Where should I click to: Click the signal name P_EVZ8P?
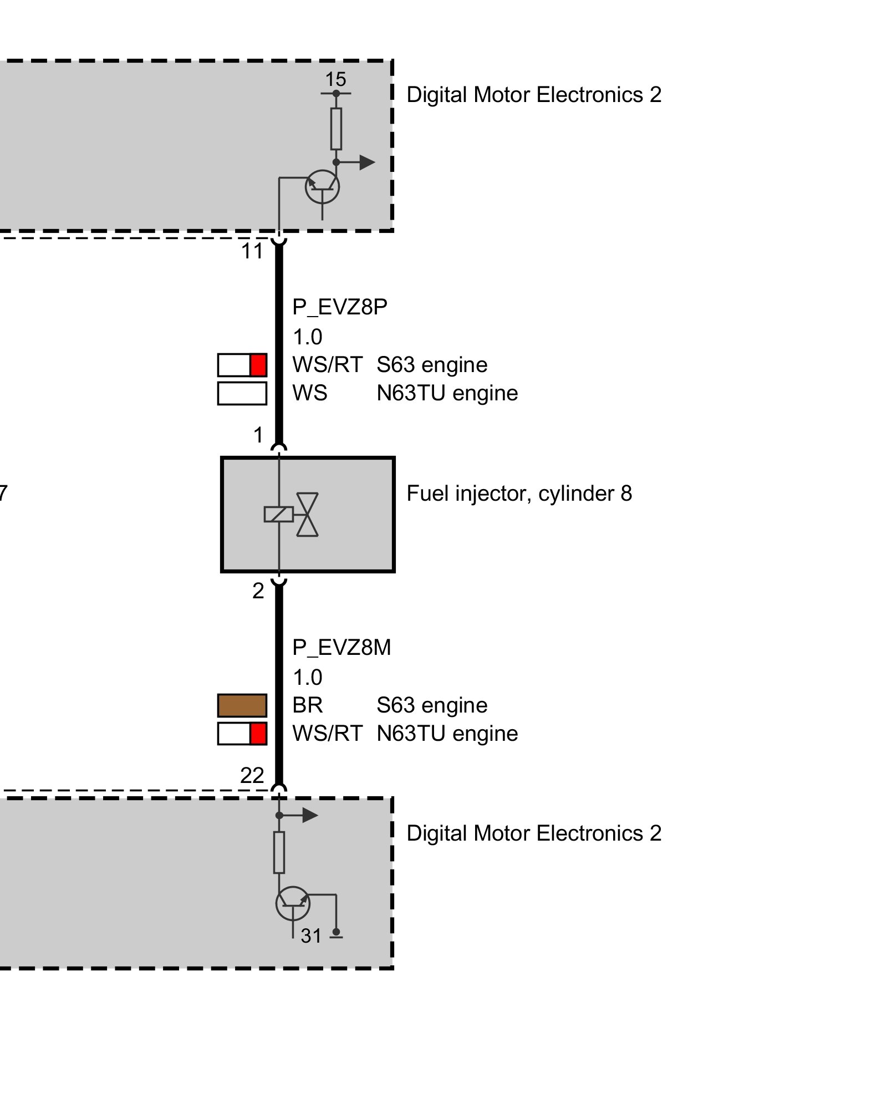click(x=339, y=307)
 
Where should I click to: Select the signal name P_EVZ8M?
click(x=341, y=647)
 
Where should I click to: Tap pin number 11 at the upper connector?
click(x=252, y=251)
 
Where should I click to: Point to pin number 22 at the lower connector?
click(x=252, y=775)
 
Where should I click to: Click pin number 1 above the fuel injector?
click(x=258, y=435)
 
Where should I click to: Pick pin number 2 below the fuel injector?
click(x=258, y=591)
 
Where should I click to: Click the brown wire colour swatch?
click(x=242, y=705)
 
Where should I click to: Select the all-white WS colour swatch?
click(x=242, y=393)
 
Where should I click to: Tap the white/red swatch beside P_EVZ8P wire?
click(x=242, y=365)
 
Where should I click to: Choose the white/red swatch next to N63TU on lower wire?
click(x=242, y=734)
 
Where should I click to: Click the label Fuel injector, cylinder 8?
click(x=519, y=494)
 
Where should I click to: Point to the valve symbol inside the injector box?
click(x=307, y=515)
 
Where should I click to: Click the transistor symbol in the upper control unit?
click(x=322, y=187)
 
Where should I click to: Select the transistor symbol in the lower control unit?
click(x=293, y=903)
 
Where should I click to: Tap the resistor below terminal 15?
click(x=336, y=129)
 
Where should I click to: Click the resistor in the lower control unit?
click(x=279, y=852)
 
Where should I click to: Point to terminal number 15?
click(x=335, y=79)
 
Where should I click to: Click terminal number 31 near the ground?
click(x=311, y=936)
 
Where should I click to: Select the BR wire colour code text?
click(x=308, y=705)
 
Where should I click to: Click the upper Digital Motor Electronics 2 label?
click(x=534, y=95)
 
